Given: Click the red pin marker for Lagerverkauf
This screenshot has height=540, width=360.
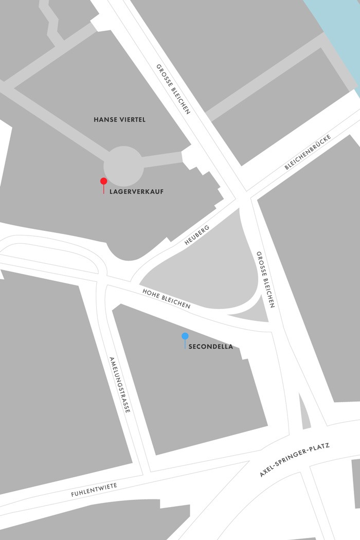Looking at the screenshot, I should (x=103, y=181).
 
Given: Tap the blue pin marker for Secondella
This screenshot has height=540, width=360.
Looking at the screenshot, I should (x=185, y=336).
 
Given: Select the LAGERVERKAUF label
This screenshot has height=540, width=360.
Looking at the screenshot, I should (x=137, y=192).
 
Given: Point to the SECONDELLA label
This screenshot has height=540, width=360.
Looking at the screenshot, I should (x=211, y=347).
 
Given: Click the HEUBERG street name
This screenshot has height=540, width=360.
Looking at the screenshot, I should (x=197, y=235).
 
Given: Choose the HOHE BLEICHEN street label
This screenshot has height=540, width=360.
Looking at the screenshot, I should (x=166, y=299).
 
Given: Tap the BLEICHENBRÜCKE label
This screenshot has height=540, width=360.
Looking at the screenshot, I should (x=308, y=153).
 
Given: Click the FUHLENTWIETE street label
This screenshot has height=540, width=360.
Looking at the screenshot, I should (x=94, y=489).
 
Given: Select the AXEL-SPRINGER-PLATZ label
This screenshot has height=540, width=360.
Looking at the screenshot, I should (x=294, y=459).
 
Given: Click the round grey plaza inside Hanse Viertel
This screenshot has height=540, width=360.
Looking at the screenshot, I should (x=123, y=166).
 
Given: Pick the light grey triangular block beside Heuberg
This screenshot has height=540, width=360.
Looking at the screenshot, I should (x=206, y=278).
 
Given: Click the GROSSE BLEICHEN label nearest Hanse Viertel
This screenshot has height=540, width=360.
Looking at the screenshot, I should (x=174, y=89).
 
